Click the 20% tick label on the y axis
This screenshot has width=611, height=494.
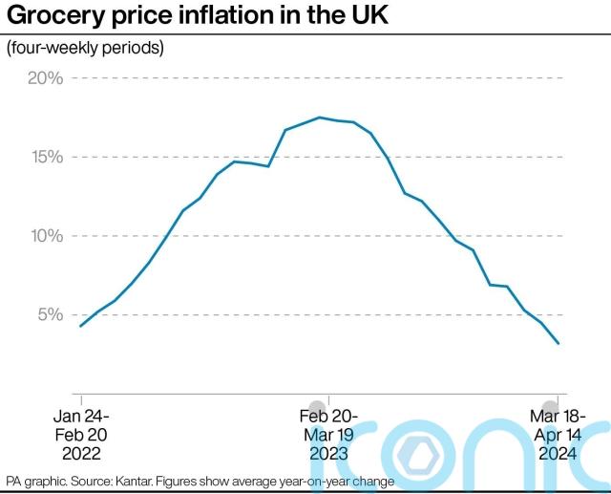click(x=44, y=78)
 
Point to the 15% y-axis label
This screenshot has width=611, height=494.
click(x=44, y=157)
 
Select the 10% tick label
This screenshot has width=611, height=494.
click(x=44, y=236)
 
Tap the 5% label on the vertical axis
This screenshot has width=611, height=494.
click(x=49, y=314)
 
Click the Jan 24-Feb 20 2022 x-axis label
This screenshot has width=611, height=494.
click(x=81, y=435)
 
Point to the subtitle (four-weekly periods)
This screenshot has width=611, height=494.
click(x=85, y=48)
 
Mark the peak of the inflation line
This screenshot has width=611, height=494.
click(x=319, y=118)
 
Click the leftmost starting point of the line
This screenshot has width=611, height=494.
click(x=80, y=327)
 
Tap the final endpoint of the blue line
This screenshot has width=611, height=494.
click(x=558, y=344)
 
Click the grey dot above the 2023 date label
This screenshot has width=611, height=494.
click(x=317, y=406)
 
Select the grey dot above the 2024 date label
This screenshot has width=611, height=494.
click(x=551, y=406)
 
